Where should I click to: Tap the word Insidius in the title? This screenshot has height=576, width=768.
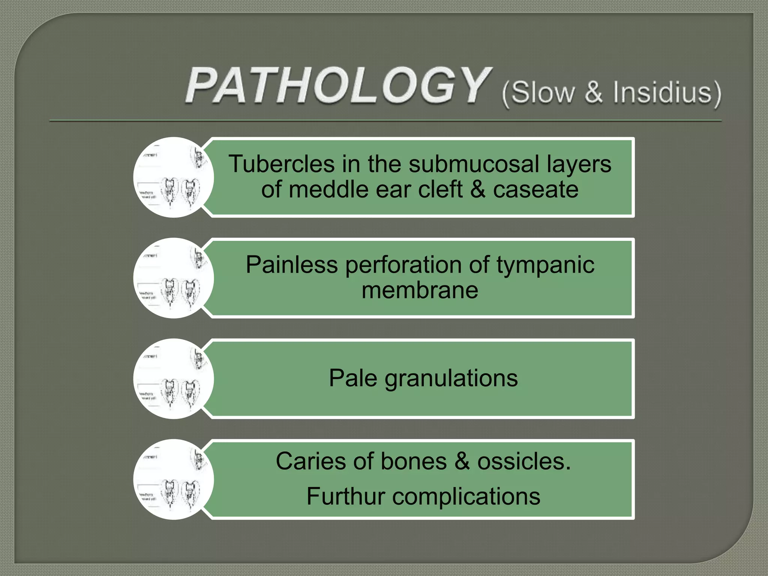(x=662, y=92)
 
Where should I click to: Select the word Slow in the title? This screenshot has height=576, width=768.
(x=543, y=92)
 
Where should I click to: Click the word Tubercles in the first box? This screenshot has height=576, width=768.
(x=282, y=164)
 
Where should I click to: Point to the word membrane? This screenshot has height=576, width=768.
(x=420, y=290)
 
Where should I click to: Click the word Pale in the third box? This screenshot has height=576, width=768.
(x=352, y=378)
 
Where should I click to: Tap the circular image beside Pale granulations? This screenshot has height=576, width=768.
(x=173, y=379)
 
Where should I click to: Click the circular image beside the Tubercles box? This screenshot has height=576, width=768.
(x=173, y=177)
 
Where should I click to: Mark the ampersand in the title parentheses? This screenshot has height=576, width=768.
(x=593, y=92)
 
